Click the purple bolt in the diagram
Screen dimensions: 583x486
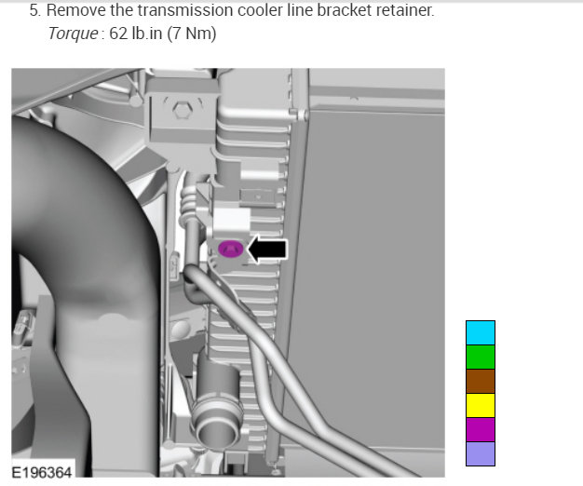(x=231, y=249)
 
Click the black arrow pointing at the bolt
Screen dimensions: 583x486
(x=267, y=249)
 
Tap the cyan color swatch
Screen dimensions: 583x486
(x=481, y=332)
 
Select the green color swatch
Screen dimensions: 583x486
(x=481, y=357)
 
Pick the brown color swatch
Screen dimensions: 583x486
(x=481, y=381)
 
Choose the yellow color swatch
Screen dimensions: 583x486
(x=481, y=405)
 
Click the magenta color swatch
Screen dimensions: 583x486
(x=481, y=429)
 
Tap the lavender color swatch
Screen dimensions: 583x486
(x=481, y=453)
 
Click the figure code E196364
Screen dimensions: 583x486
(x=42, y=473)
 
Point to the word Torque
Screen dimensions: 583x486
(x=74, y=34)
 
